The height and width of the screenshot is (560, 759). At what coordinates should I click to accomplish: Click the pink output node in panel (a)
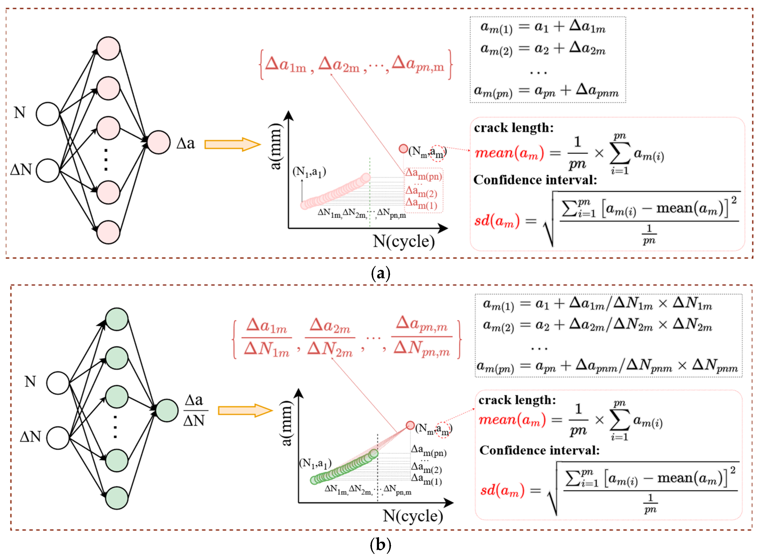[158, 142]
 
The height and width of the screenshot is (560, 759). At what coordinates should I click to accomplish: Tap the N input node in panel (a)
[48, 114]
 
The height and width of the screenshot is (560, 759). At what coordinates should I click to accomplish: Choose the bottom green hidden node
[117, 498]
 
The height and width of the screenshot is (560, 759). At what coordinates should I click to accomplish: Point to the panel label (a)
[380, 273]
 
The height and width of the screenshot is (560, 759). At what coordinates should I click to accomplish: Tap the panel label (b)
[380, 545]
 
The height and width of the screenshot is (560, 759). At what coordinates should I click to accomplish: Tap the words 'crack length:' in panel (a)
[514, 128]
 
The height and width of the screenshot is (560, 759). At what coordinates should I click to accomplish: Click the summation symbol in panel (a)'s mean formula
[620, 153]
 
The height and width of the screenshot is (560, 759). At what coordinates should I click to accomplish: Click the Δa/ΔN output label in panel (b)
[194, 411]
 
